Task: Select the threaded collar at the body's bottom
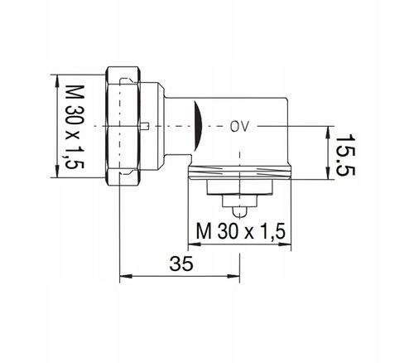[239, 175]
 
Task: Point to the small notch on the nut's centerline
[146, 126]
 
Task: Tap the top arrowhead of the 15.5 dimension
[330, 128]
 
